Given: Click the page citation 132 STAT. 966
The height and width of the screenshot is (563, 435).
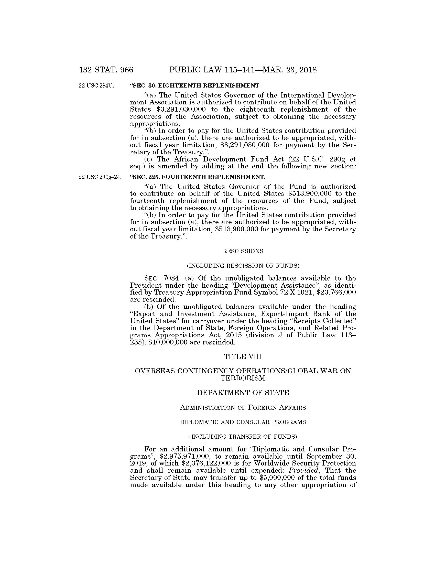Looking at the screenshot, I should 106,70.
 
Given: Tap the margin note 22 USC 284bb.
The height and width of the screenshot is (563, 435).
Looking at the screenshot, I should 97,85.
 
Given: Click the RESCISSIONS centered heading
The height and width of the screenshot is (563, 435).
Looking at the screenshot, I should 243,251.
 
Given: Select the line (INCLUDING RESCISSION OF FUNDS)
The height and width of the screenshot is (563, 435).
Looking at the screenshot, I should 243,266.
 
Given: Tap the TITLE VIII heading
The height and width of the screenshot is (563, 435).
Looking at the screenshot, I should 243,357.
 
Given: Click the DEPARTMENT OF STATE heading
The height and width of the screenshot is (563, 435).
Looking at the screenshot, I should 243,393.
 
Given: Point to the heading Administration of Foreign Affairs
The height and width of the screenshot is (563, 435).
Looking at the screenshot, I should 243,408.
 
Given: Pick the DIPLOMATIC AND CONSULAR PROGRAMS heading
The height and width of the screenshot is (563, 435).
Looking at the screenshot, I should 243,422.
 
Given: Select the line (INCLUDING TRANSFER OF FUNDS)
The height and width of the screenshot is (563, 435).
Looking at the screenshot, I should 243,437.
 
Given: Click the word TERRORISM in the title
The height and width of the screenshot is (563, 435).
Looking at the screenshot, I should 243,378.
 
